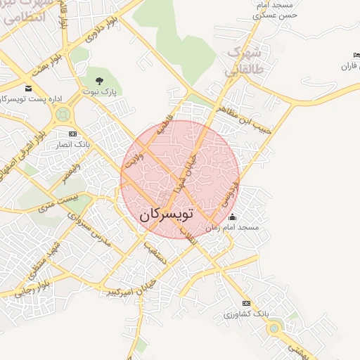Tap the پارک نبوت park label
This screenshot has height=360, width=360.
99,92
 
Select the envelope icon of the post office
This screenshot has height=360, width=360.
28,88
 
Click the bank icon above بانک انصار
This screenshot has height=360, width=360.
72,134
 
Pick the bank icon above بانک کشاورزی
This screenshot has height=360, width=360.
245,302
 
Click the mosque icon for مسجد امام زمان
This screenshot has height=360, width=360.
233,217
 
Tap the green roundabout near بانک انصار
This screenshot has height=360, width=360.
63,113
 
